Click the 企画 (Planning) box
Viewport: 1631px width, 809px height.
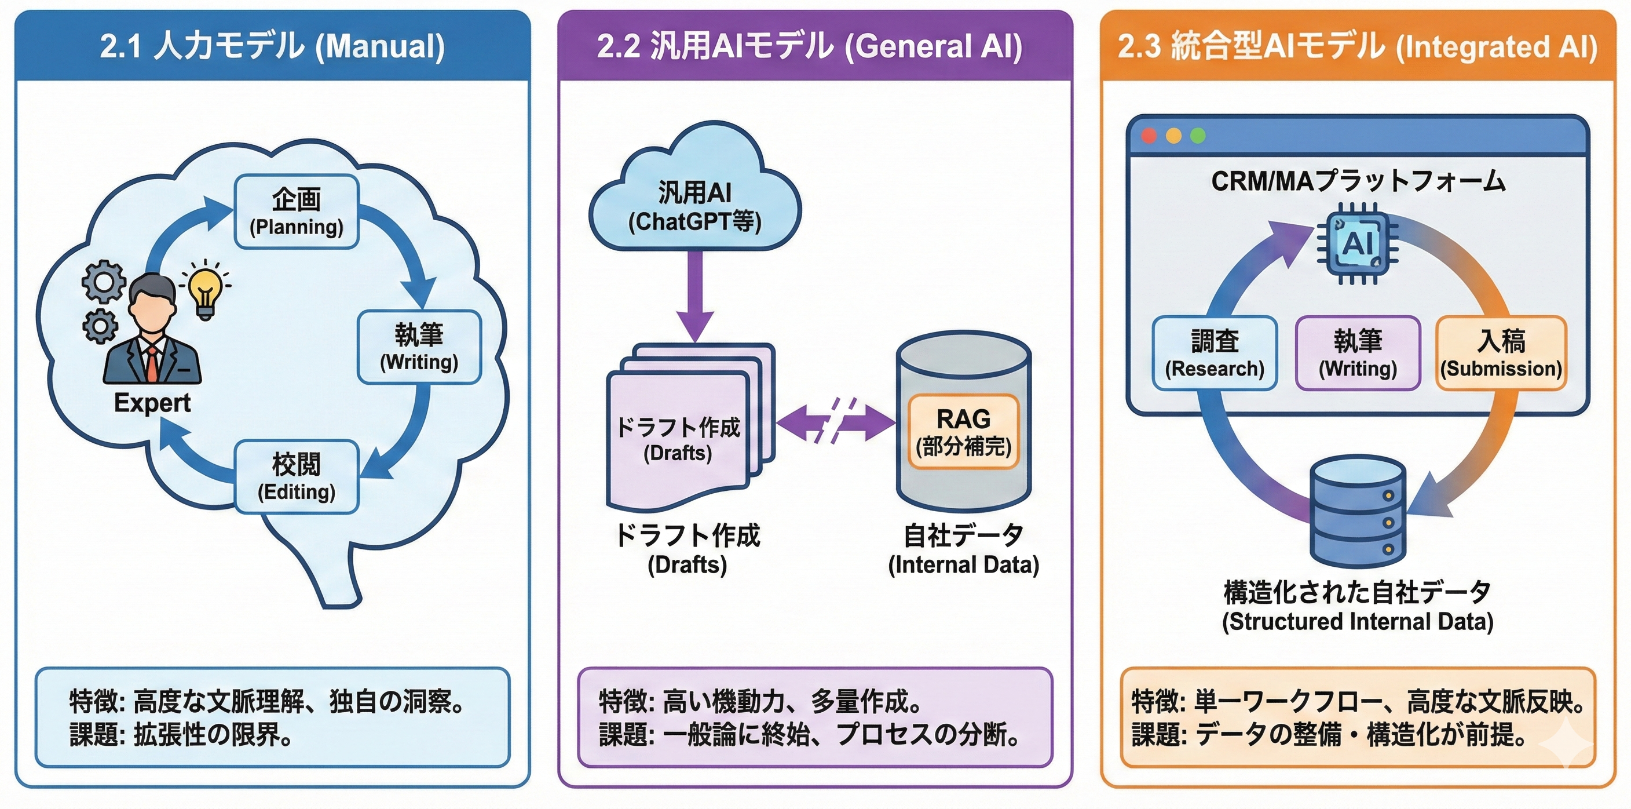pos(297,212)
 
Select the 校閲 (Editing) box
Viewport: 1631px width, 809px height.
pos(297,476)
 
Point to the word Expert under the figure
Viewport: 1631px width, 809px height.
pos(152,403)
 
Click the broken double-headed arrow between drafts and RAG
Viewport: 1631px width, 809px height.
pos(835,421)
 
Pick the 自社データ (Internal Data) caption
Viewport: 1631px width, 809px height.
pos(963,549)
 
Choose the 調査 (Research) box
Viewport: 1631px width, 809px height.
pos(1215,354)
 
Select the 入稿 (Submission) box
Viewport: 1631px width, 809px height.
pos(1501,354)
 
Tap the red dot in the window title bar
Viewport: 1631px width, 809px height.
pos(1149,136)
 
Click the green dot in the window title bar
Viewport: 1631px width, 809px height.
pos(1197,136)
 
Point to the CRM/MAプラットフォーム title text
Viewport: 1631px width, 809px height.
pos(1358,181)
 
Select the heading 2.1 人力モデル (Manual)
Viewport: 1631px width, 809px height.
pos(272,46)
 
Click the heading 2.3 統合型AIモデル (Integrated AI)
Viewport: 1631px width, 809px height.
pos(1358,46)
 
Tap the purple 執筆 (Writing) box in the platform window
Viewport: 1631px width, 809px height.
pos(1358,354)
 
